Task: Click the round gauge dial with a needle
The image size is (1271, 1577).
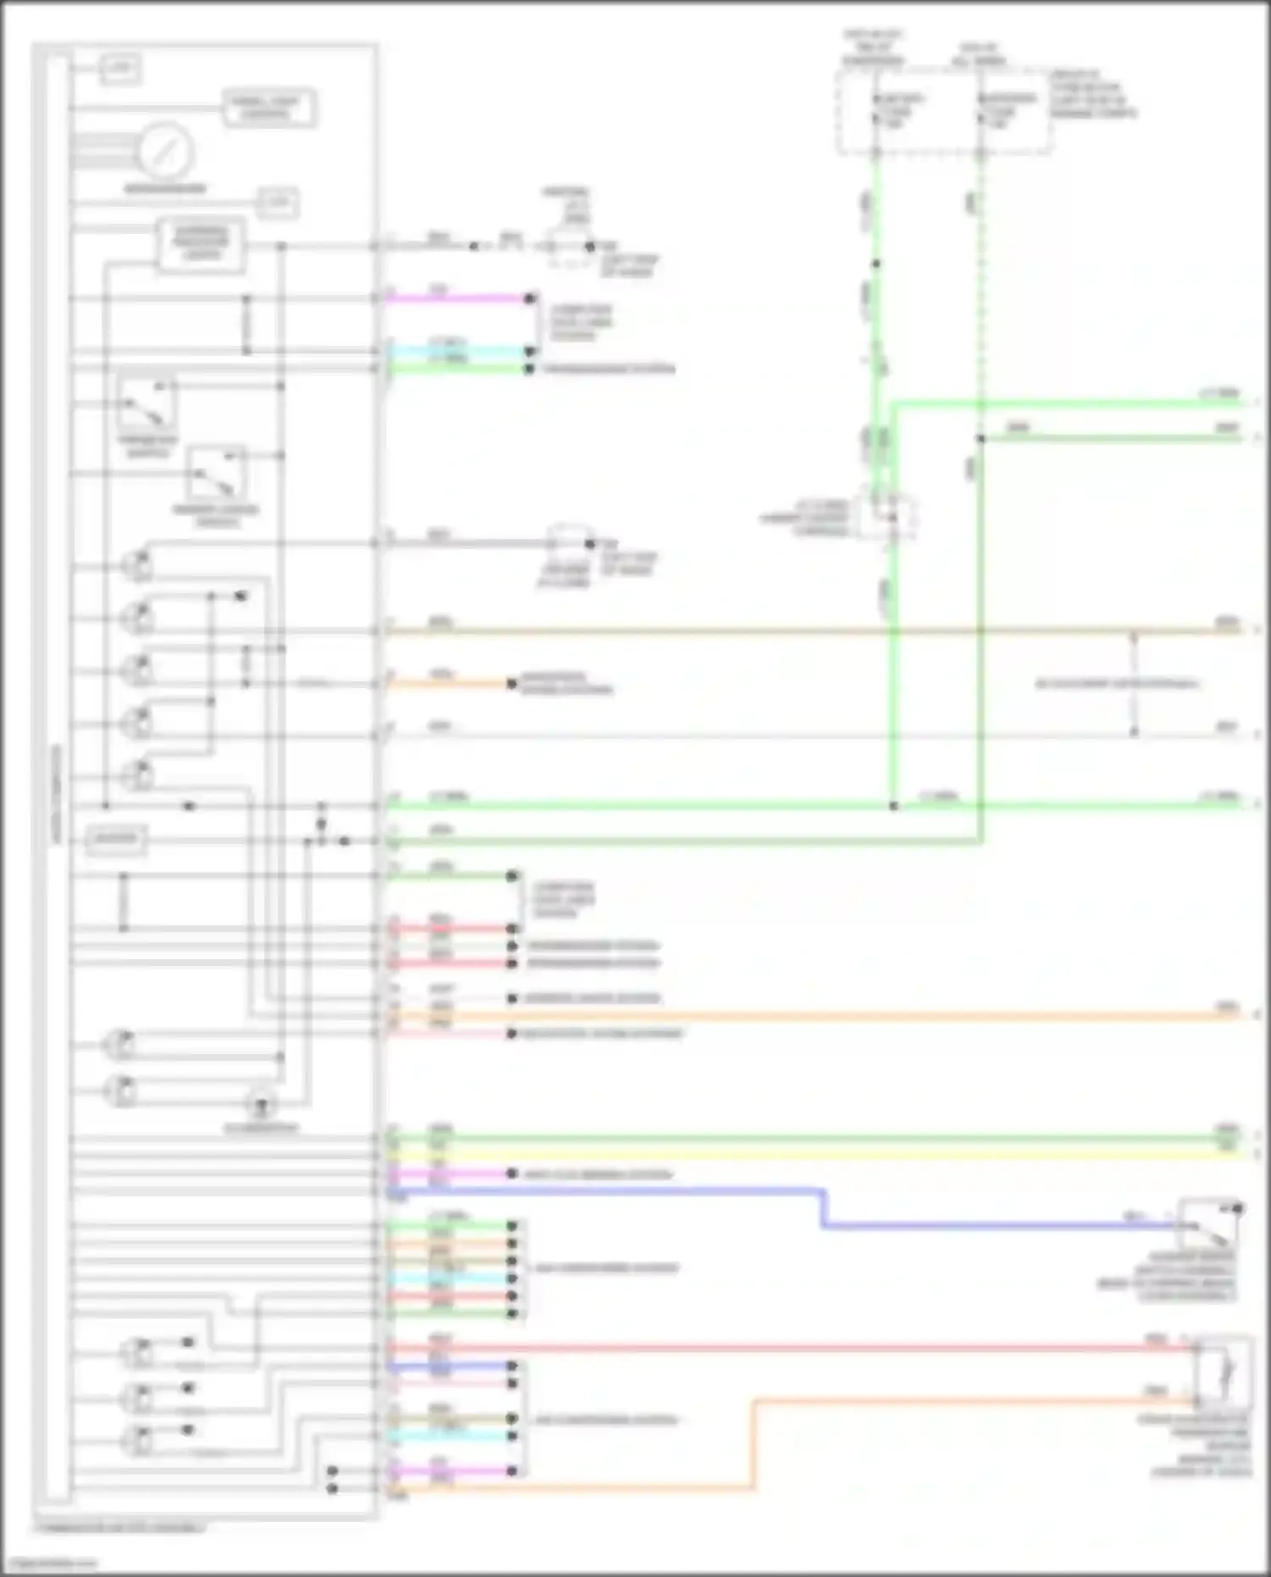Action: pos(167,152)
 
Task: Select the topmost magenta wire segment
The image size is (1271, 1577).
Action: pos(458,298)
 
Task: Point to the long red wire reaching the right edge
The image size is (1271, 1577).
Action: pos(788,1347)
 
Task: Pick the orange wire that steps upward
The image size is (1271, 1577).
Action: pos(752,1441)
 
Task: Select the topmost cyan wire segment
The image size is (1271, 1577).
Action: pos(458,351)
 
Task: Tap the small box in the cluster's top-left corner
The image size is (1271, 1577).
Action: pos(120,69)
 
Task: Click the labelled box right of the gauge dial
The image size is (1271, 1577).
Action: pos(269,108)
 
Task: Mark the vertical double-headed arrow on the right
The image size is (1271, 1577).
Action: pos(1135,683)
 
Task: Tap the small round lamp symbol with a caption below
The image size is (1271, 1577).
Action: pos(260,1105)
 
